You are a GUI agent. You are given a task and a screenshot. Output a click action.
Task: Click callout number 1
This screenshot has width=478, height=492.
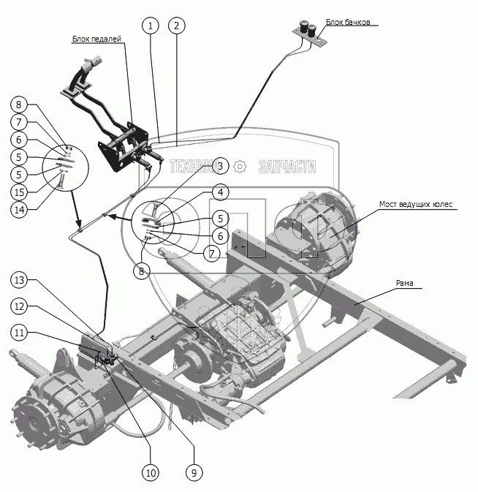coord(151,26)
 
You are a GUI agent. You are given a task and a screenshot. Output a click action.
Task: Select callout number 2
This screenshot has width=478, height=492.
coord(175,26)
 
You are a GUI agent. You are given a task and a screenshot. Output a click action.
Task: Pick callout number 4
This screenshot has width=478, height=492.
coord(219,192)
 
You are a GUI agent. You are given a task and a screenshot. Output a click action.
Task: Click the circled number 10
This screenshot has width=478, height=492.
coord(151,473)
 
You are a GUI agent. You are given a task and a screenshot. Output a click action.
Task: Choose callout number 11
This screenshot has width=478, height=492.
coord(20,333)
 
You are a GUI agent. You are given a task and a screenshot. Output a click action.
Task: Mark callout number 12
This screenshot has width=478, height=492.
coord(20,306)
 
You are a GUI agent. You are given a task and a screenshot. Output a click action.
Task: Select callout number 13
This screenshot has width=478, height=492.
coord(20,280)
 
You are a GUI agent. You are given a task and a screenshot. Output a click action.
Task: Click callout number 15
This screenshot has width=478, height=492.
coord(20,192)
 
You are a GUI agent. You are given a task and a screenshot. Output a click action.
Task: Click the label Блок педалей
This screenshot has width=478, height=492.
coord(96,39)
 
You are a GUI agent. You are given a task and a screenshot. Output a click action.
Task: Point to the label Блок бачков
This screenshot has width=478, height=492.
coord(353,23)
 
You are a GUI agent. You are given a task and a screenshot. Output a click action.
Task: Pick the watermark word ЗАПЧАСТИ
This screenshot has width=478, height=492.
coord(287,167)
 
